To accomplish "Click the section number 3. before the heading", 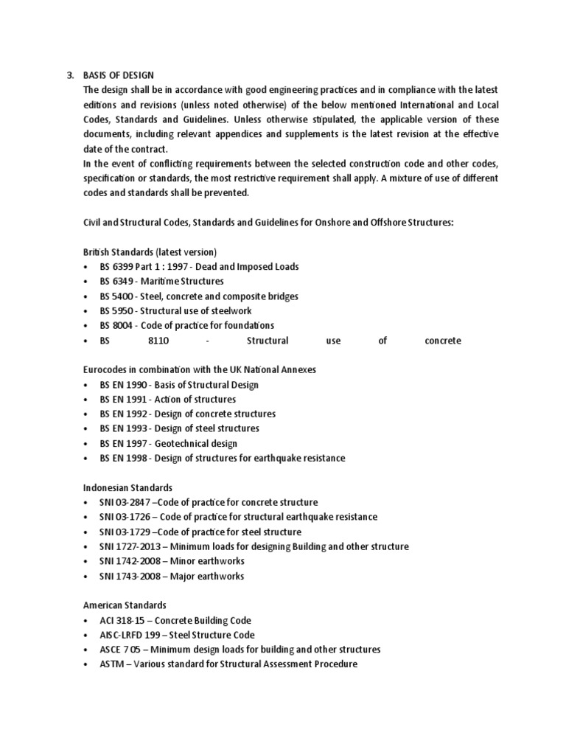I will pyautogui.click(x=70, y=75).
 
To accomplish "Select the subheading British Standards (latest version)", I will pyautogui.click(x=149, y=251).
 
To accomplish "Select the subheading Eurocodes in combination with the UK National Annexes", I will pyautogui.click(x=199, y=369).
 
